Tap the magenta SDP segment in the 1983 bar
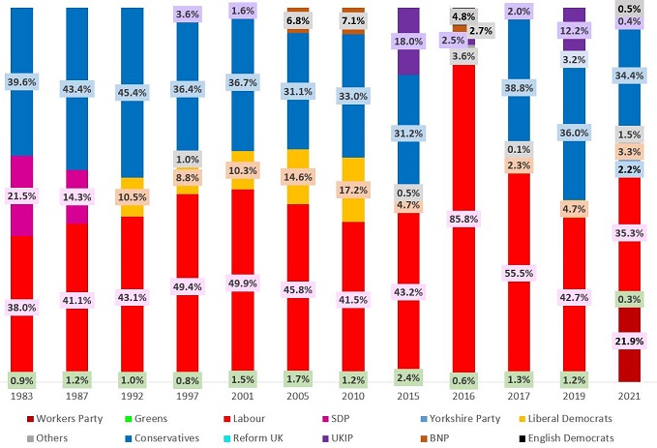21,195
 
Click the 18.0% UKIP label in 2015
408,43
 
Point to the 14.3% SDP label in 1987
76,195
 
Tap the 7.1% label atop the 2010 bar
353,20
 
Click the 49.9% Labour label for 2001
242,282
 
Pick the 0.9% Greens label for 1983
21,379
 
